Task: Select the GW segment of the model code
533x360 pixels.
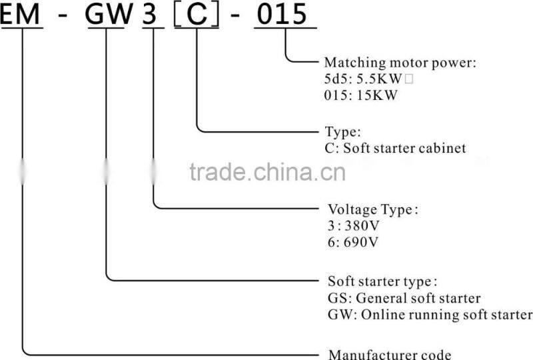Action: tap(108, 14)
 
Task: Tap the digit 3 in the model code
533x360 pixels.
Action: tap(153, 14)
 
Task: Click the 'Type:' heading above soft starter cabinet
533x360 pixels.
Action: tap(342, 132)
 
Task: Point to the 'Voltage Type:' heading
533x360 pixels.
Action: tap(373, 209)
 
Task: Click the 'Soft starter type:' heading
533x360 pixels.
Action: tap(382, 281)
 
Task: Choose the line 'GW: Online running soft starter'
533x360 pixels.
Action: tap(430, 314)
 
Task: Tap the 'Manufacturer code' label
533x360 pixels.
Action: tap(390, 354)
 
